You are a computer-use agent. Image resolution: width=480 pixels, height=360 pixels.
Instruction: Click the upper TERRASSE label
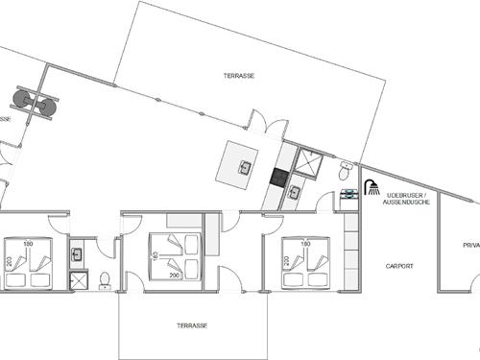click(x=238, y=75)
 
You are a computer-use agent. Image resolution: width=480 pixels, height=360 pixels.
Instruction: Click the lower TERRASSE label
click(x=192, y=325)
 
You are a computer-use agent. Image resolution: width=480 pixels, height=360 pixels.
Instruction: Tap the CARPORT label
click(x=398, y=266)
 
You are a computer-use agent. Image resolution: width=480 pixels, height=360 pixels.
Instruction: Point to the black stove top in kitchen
click(x=280, y=177)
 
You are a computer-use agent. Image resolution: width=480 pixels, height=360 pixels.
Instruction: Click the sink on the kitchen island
click(x=246, y=167)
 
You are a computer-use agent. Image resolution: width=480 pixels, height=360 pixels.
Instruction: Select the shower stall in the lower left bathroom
click(x=79, y=279)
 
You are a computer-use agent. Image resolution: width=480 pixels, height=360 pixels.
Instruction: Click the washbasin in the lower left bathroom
click(x=78, y=254)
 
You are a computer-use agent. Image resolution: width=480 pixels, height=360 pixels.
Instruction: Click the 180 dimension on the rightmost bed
click(x=305, y=244)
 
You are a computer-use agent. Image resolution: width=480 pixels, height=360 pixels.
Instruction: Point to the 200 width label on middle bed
click(x=174, y=276)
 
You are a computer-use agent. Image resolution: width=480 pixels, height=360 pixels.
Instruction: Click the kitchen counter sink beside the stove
click(x=295, y=193)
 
